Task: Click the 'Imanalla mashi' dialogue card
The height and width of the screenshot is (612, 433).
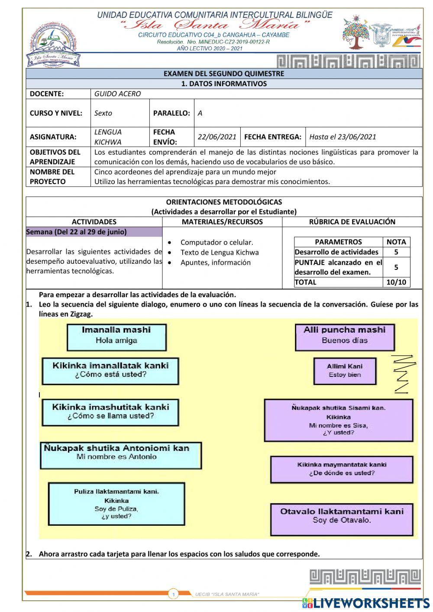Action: [x=116, y=337]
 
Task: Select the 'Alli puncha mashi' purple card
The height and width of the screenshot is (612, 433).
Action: [x=345, y=337]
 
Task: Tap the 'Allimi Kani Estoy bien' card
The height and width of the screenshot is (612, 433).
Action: [x=345, y=371]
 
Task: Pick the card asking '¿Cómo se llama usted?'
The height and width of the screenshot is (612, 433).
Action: [x=110, y=412]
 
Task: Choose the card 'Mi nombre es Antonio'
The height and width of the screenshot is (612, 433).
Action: [x=121, y=455]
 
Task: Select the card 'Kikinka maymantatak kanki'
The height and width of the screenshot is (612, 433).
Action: [x=342, y=469]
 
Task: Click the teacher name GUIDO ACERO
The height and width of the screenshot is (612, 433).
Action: [x=117, y=94]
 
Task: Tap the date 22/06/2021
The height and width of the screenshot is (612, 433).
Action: [x=217, y=137]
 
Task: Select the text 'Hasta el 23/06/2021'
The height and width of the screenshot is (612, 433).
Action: [x=343, y=137]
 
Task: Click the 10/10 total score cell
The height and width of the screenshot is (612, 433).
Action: [x=396, y=282]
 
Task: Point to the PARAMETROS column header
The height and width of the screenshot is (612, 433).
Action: [x=338, y=242]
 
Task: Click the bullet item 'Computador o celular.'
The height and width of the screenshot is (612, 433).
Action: [x=216, y=243]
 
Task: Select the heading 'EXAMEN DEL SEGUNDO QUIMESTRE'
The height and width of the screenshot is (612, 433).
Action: [x=224, y=74]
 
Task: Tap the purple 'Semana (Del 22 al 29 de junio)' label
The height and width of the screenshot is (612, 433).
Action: [x=94, y=232]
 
